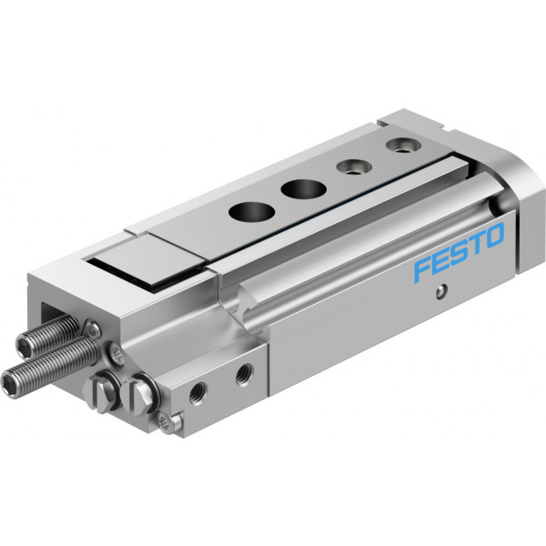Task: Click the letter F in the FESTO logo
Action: coord(424,268)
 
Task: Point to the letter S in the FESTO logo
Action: coord(458,252)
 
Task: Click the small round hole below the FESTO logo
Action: coord(441,291)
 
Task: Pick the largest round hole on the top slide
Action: coord(252,211)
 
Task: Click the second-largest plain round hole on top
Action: coord(304,188)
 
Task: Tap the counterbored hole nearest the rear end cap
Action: coord(403,145)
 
